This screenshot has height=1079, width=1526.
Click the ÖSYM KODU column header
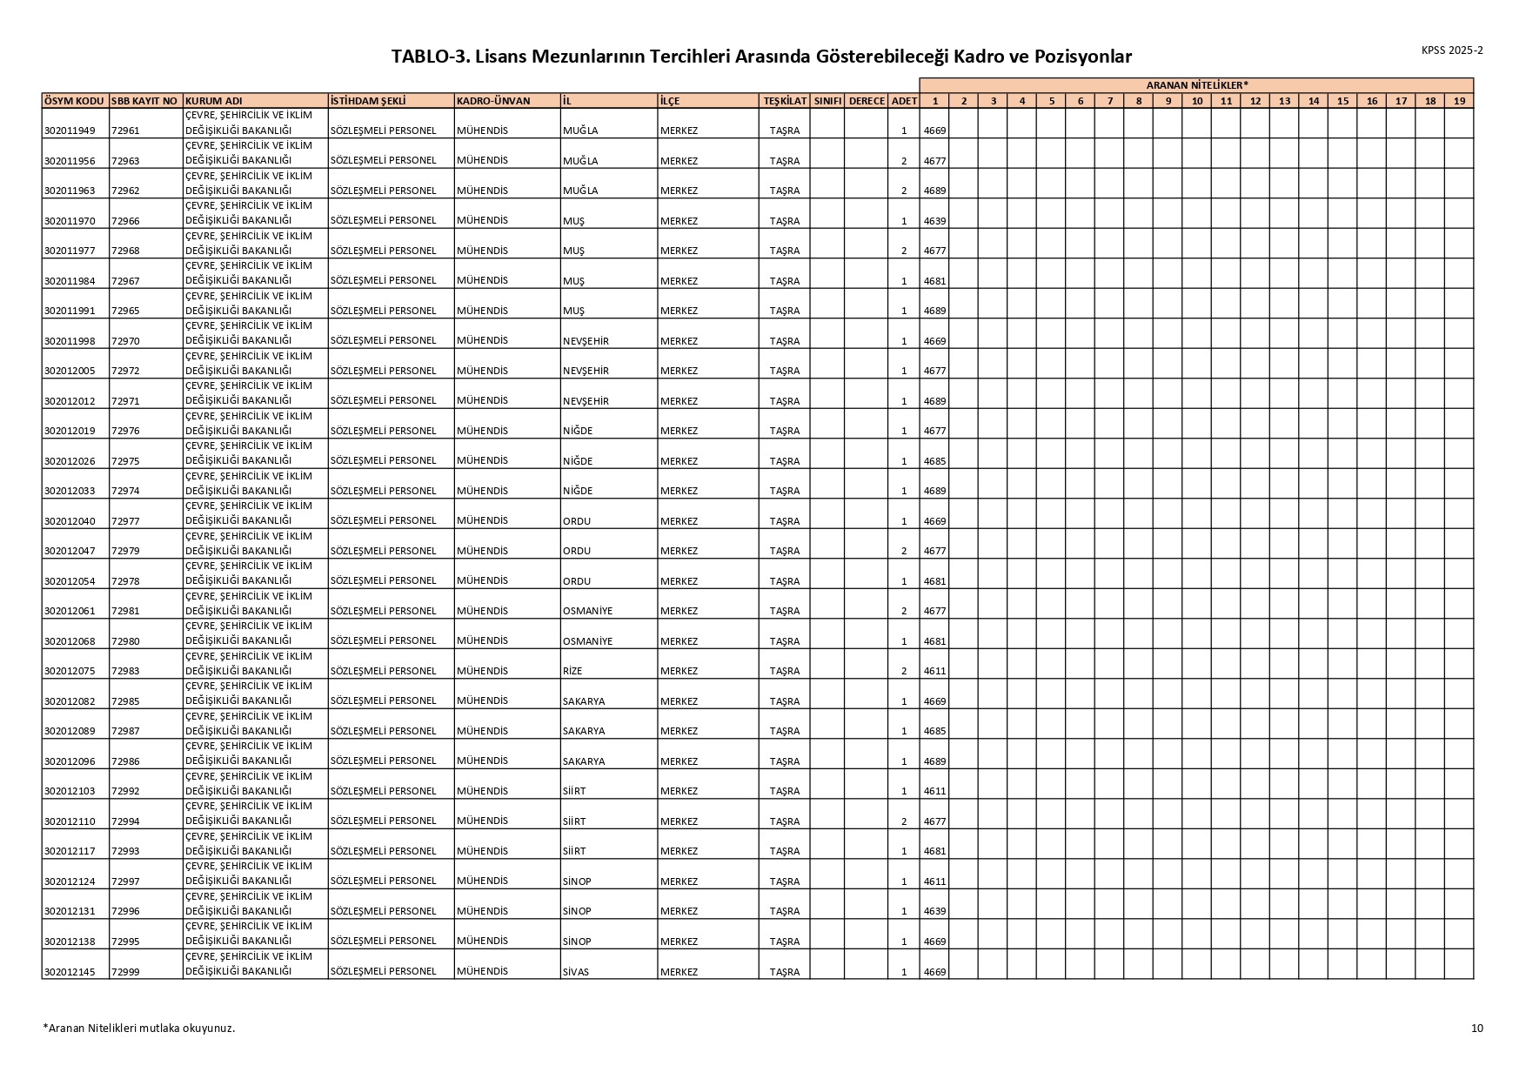tap(74, 101)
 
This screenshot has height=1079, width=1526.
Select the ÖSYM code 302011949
tap(70, 131)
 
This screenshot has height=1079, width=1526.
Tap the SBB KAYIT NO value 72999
tap(125, 972)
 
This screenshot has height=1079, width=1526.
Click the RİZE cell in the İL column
tap(572, 671)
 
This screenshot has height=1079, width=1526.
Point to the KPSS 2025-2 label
tap(1452, 50)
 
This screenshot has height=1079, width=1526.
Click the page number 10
tap(1476, 1029)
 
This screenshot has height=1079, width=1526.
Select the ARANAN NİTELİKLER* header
tap(1196, 85)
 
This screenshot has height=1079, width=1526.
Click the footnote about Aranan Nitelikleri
tap(139, 1029)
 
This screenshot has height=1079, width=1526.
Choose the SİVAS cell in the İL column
tap(576, 972)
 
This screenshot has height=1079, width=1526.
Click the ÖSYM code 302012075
tap(70, 671)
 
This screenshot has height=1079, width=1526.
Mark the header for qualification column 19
tap(1459, 101)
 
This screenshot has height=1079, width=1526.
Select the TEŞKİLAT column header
tap(785, 101)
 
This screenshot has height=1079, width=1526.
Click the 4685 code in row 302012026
tap(934, 461)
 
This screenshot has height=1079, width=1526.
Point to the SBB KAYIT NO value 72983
tap(125, 671)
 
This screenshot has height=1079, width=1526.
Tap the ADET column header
tap(904, 101)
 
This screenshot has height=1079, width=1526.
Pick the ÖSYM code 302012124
tap(70, 881)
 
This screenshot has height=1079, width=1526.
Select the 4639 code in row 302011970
tap(934, 221)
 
